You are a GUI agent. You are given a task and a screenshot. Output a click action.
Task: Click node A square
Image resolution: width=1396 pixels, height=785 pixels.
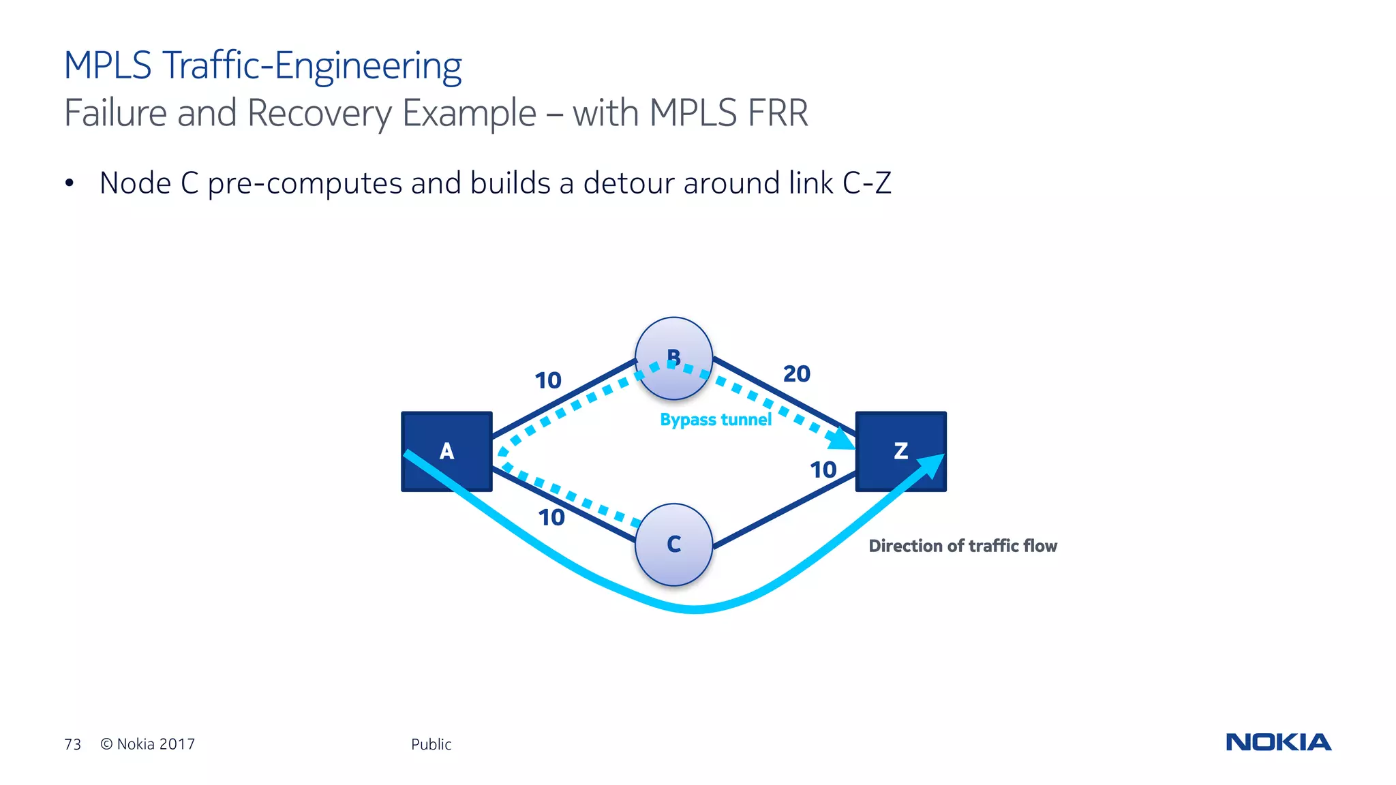(446, 451)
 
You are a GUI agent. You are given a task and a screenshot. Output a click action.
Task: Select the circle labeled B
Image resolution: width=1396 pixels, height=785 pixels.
(673, 358)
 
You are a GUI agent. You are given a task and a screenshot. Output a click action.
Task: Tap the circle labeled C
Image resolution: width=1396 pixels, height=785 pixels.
(673, 544)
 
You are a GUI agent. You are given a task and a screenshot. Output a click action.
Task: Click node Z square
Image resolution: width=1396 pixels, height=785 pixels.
(900, 451)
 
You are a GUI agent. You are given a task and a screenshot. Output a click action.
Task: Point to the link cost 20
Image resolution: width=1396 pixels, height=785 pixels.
(796, 374)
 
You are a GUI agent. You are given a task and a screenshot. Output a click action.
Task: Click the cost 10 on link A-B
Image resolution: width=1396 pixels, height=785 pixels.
(547, 380)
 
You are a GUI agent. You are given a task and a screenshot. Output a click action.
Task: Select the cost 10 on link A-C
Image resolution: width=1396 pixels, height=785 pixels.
(551, 518)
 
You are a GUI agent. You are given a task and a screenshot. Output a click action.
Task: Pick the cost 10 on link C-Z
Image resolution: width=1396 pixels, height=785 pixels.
(823, 470)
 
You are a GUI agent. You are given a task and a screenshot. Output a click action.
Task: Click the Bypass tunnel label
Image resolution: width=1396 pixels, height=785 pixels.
(715, 420)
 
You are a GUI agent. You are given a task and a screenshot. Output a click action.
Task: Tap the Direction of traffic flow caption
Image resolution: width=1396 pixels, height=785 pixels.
(962, 546)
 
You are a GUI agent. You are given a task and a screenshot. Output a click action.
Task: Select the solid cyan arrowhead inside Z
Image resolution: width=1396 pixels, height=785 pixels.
(931, 466)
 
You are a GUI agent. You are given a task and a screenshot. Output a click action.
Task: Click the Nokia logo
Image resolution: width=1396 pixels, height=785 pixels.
(1278, 742)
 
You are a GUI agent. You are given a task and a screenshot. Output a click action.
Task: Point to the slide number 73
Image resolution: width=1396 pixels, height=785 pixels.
(72, 744)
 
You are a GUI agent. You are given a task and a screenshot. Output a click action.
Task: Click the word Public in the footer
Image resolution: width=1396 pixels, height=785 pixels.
(431, 744)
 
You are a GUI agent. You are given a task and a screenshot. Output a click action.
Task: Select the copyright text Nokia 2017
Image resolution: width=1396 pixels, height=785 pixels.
(148, 744)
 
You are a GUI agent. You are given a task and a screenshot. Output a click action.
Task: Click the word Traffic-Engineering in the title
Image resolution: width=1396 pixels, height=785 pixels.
(312, 66)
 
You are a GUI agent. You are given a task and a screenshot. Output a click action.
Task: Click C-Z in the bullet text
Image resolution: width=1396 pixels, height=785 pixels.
(866, 183)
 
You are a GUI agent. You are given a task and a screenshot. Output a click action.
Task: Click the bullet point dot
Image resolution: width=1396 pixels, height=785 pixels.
(69, 183)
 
